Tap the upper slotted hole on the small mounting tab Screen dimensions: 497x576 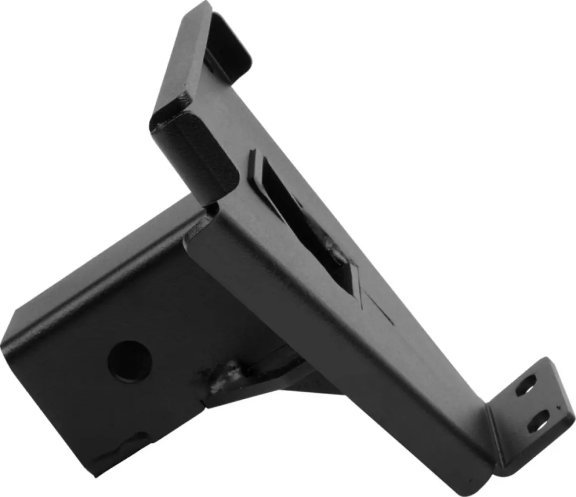click(526, 385)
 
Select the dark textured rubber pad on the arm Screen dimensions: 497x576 click(199, 149)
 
